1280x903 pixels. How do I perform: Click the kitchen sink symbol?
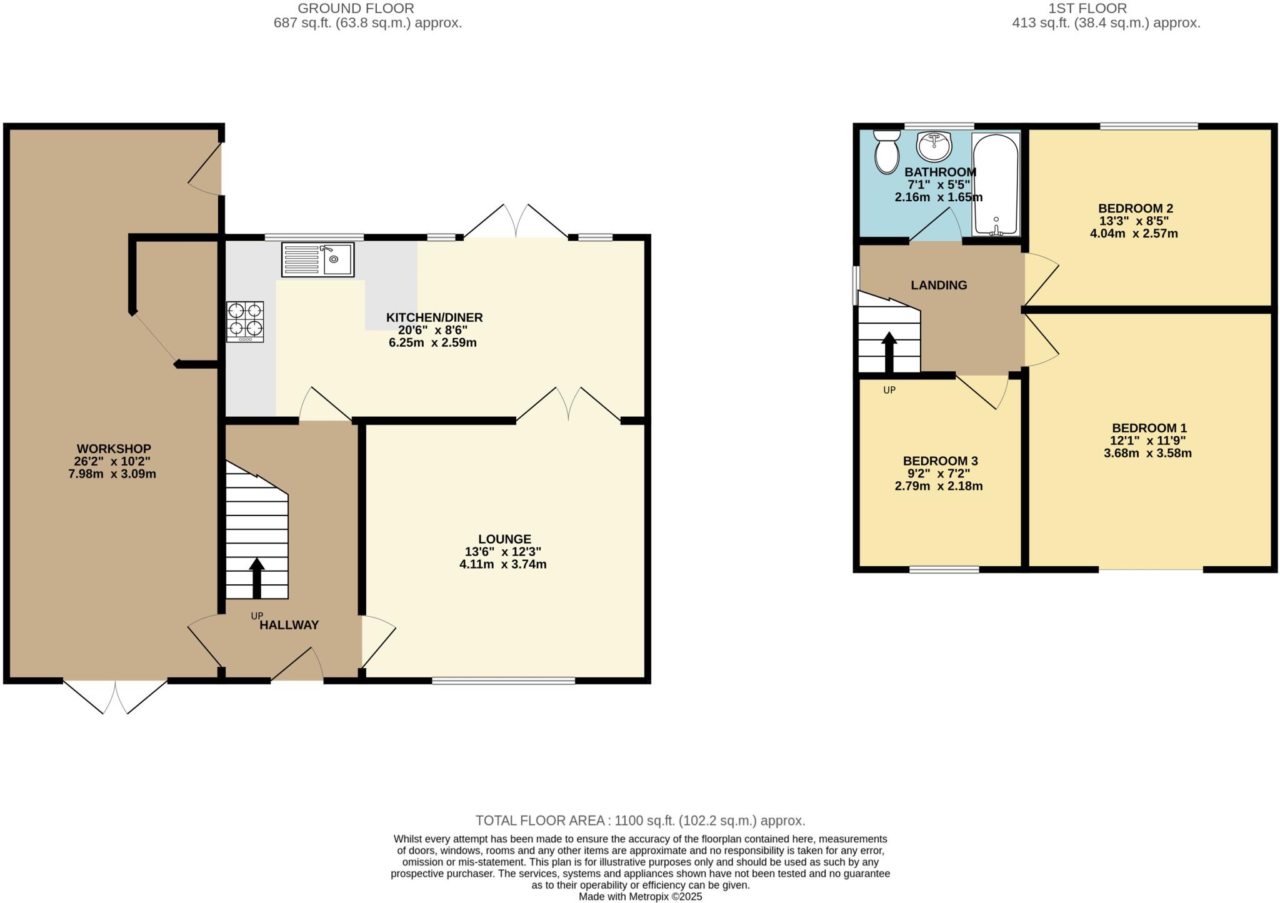pos(318,259)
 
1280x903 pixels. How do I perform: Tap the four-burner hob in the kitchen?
pos(245,321)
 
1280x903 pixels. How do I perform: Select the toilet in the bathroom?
pos(886,151)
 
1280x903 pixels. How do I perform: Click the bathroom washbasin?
pos(934,146)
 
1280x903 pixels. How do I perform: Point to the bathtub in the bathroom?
pos(996,185)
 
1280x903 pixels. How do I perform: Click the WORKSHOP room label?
pos(114,449)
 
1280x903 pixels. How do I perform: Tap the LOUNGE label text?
pos(504,539)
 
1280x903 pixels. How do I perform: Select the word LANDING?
pos(939,285)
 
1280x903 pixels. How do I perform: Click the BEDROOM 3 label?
pos(940,461)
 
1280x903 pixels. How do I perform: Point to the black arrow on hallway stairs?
pos(256,577)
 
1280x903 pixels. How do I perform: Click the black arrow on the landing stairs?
pos(889,353)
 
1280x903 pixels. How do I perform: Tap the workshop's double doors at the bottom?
pos(116,696)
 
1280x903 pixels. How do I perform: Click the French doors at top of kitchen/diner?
pos(516,221)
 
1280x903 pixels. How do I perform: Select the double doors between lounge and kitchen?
pos(568,404)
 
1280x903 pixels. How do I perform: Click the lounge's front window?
pos(503,681)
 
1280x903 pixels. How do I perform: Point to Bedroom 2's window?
pos(1149,126)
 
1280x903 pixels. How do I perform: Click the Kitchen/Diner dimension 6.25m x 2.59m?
pos(432,342)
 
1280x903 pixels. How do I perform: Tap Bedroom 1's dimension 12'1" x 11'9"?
pos(1149,441)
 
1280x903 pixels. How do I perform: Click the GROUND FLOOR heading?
pos(356,9)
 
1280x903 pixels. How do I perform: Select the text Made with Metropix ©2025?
pos(640,897)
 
